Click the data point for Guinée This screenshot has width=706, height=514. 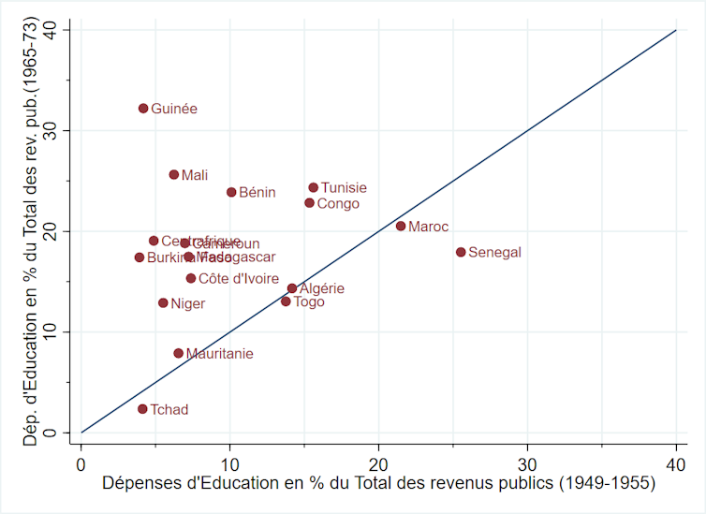(x=143, y=109)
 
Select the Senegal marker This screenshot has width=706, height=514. (x=461, y=252)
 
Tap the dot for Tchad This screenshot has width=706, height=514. (x=142, y=409)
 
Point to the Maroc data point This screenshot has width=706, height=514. (x=401, y=226)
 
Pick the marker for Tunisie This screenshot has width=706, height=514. (x=314, y=187)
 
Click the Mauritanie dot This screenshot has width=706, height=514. (x=179, y=353)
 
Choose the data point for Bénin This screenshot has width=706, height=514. (x=231, y=192)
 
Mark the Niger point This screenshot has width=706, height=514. (x=163, y=302)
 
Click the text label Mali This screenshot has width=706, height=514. (x=195, y=175)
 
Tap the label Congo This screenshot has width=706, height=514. (x=338, y=203)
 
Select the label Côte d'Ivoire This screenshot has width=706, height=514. (x=239, y=278)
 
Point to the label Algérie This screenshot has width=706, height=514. (x=322, y=289)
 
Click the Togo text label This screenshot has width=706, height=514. (x=309, y=302)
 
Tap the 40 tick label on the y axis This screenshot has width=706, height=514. (x=62, y=30)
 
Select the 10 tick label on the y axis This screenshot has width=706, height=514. (x=62, y=331)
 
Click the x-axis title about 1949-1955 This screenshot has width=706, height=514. (x=378, y=484)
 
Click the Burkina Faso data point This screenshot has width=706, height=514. (x=140, y=257)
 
